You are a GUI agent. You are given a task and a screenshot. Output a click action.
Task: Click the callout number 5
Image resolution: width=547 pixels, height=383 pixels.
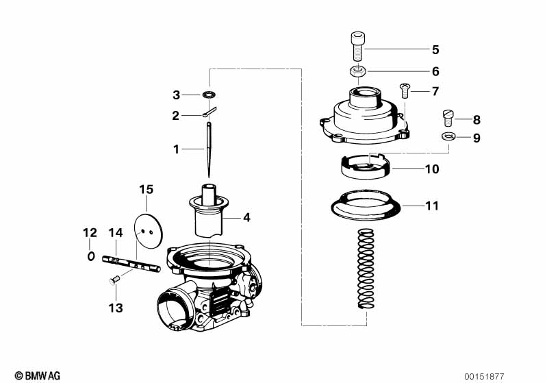pos(435,49)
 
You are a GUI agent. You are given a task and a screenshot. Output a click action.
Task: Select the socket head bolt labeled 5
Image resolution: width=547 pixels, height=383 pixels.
pos(357,46)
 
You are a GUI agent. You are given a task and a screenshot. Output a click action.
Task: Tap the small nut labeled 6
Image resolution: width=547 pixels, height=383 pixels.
pos(357,71)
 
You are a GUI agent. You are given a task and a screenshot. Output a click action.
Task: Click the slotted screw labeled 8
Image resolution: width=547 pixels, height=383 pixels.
pos(449,118)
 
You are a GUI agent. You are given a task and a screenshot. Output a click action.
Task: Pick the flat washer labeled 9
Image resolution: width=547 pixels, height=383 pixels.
pos(448,137)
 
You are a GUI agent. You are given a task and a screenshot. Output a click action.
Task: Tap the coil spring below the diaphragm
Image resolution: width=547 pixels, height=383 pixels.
pos(366,271)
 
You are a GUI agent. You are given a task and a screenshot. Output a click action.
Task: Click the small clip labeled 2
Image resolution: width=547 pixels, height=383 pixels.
pos(209,113)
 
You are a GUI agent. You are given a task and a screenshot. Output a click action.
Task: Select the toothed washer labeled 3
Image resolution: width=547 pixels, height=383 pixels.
pos(209,93)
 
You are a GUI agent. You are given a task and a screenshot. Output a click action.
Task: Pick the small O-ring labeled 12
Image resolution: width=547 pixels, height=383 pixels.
pos(90,256)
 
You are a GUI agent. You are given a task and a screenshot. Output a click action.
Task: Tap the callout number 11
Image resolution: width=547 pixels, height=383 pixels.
pos(432,206)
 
